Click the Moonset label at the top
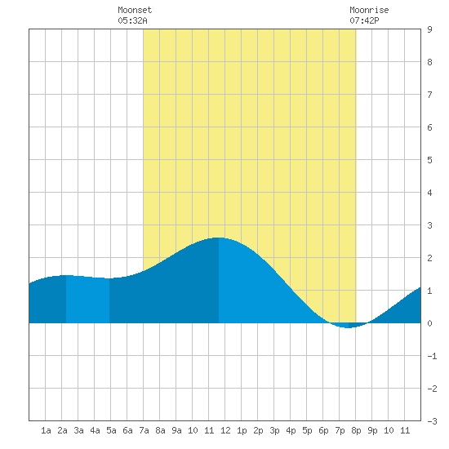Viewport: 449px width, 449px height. coord(135,10)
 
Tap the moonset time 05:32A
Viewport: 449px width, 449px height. coord(132,20)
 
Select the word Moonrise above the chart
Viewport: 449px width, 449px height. coord(369,10)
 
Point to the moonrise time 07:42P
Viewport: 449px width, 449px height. coord(364,20)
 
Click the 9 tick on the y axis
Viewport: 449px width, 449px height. coord(429,29)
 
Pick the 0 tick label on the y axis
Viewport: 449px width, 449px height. coord(429,323)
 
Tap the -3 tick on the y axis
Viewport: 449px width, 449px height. coord(432,421)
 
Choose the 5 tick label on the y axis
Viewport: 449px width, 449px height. coord(429,160)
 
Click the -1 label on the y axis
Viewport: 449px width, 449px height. coord(432,356)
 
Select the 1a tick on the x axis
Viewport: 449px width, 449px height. coord(46,430)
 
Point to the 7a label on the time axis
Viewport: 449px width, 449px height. coord(144,430)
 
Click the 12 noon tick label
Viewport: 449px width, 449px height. coord(225,430)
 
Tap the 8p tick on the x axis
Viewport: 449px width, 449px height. coord(356,430)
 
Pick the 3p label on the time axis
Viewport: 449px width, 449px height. coord(274,430)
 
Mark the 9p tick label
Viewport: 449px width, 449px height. coord(372,430)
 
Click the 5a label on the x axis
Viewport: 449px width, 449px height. coord(111,430)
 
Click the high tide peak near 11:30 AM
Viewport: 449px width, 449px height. coord(218,238)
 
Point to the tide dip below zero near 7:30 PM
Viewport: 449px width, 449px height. coord(348,327)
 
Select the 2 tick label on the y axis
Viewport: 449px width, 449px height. coord(429,258)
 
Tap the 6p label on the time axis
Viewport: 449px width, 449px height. coord(323,430)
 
